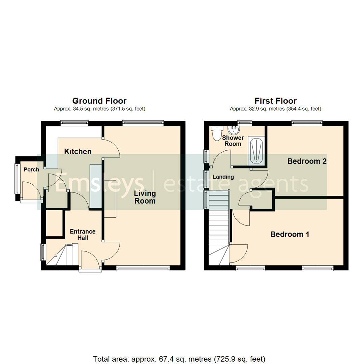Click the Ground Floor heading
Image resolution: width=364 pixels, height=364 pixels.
pyautogui.click(x=99, y=101)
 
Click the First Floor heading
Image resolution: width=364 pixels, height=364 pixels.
pyautogui.click(x=275, y=101)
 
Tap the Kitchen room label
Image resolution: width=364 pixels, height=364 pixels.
pyautogui.click(x=78, y=152)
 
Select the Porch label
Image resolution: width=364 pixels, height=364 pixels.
pyautogui.click(x=31, y=170)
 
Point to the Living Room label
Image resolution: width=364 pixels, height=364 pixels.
pyautogui.click(x=145, y=197)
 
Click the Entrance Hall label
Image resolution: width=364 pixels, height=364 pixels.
pyautogui.click(x=83, y=235)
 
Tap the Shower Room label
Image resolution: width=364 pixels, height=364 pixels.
pyautogui.click(x=233, y=141)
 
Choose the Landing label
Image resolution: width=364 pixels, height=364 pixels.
pyautogui.click(x=223, y=177)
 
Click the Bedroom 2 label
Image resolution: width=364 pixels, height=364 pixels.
pyautogui.click(x=307, y=161)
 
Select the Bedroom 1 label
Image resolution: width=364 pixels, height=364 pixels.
pyautogui.click(x=290, y=234)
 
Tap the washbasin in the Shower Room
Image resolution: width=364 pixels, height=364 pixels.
pyautogui.click(x=233, y=130)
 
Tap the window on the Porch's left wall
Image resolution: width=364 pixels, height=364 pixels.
pyautogui.click(x=16, y=179)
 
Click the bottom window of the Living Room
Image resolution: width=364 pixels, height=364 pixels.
pyautogui.click(x=143, y=268)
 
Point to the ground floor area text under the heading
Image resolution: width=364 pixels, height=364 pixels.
pyautogui.click(x=99, y=109)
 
